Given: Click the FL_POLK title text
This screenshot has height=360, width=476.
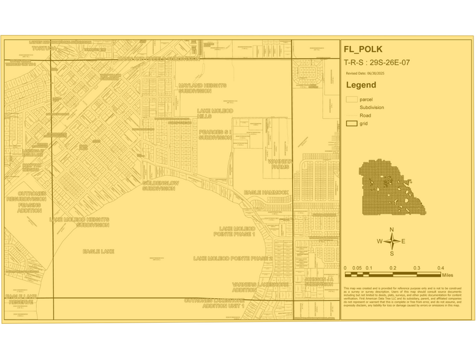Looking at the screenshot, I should [367, 50].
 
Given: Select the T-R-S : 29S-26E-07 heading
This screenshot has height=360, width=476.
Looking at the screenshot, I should [382, 62].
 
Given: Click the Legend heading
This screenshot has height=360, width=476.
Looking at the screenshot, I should [361, 85].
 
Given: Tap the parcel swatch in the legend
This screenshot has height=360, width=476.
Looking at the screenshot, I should [352, 99].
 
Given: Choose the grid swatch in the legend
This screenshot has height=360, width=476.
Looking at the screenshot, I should [352, 123].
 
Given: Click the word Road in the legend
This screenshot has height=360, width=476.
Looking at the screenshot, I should [365, 115].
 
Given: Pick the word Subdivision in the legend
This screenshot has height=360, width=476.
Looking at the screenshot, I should [372, 107].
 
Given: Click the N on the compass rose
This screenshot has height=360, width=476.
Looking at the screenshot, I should [392, 230].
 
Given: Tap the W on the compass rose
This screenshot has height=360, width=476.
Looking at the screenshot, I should [379, 241].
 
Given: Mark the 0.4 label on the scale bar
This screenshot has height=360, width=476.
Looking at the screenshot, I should [440, 268].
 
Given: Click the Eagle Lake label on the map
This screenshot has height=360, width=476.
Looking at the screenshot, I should [98, 251].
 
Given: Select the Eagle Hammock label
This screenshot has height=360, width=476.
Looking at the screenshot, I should [266, 192].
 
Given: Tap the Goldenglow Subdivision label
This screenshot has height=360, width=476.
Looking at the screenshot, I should [162, 186].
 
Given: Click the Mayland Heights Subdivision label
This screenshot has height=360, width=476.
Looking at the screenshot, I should [202, 88].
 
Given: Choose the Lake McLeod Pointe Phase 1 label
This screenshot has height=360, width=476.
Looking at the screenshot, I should [233, 231].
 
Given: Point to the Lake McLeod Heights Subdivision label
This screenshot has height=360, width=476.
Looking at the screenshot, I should [80, 222].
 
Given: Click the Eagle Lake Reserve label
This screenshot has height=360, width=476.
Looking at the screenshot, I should [21, 298].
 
